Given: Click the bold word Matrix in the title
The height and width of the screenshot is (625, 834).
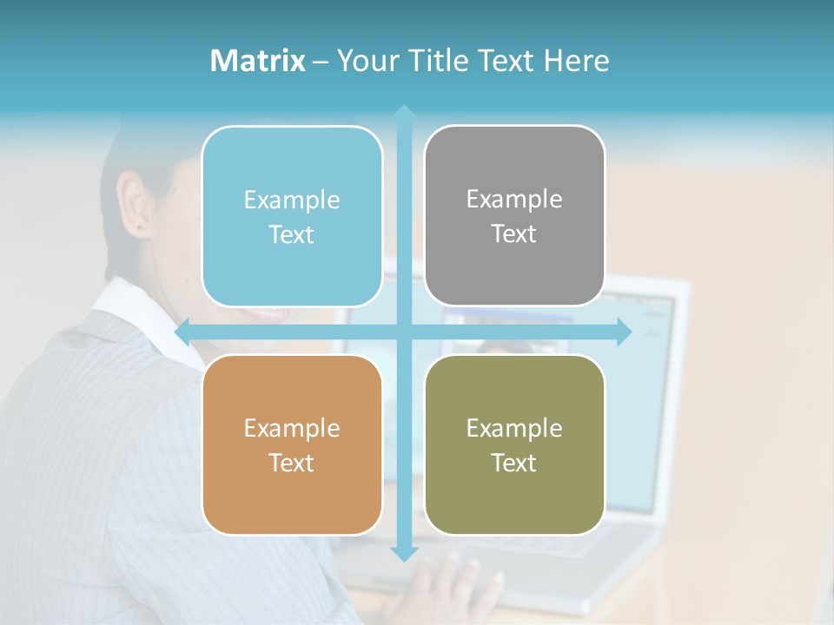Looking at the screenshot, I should click(258, 61).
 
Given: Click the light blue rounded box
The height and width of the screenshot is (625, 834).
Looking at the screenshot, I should click(292, 216).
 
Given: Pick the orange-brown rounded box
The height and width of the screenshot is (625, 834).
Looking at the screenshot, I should click(292, 444).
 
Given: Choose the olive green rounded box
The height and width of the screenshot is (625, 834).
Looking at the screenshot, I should click(514, 444).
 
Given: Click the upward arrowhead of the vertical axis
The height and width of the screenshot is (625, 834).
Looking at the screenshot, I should click(403, 111).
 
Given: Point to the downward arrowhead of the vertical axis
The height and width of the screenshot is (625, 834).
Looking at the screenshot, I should click(403, 553).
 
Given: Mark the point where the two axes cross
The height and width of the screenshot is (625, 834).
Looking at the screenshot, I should click(403, 332).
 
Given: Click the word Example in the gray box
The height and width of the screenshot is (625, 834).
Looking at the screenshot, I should click(514, 199).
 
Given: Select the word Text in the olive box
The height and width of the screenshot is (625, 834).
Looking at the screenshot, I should click(514, 463).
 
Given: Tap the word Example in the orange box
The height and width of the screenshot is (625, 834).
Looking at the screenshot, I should click(292, 428).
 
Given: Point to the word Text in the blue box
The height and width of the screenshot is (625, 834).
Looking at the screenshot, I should click(292, 234).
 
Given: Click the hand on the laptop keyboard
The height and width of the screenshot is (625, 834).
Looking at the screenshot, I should click(443, 590).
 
